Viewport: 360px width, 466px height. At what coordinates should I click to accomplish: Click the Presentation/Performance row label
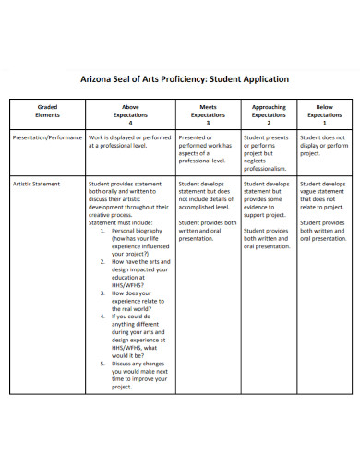tap(47, 137)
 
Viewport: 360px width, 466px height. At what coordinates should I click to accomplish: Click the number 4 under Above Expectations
tap(130, 122)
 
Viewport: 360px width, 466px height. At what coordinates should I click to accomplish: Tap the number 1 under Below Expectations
tap(324, 122)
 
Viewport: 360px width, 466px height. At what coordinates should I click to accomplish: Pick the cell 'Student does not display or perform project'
tap(324, 146)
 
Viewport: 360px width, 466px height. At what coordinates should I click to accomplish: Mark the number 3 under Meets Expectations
tap(208, 122)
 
